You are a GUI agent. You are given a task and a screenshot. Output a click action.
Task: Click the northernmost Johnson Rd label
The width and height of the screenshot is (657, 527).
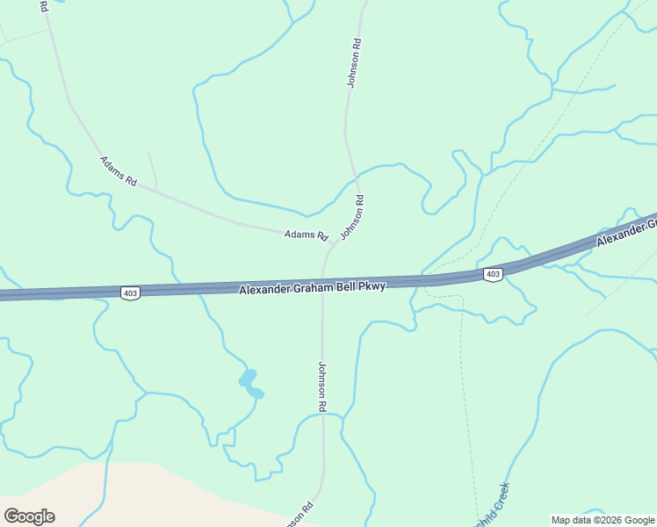point(354,62)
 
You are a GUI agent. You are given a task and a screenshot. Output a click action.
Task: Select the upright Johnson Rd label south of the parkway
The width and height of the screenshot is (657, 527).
point(322,386)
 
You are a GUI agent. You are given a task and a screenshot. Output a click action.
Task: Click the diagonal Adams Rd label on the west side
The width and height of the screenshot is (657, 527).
point(119,170)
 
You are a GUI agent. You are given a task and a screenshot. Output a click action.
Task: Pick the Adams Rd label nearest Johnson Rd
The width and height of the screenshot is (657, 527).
point(306,235)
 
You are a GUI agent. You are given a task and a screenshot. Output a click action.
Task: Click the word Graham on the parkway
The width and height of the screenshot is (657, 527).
point(319,286)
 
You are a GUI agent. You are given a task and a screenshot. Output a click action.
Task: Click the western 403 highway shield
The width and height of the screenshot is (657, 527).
point(129,292)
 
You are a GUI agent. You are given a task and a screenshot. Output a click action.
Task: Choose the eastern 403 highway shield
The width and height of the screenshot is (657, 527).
point(493,275)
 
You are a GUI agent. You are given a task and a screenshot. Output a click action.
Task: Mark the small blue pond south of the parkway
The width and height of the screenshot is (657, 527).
point(250,383)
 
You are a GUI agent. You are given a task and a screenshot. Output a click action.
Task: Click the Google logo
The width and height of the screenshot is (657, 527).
point(29,516)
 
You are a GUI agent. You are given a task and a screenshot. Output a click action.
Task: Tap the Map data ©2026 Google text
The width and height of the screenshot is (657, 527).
point(603,520)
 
